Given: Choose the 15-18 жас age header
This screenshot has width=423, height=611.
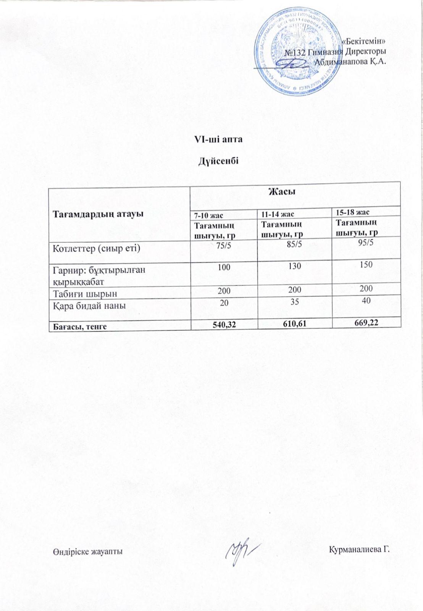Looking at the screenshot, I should click(x=352, y=212).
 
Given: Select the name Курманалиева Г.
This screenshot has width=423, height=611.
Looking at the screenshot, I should click(x=360, y=550).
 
